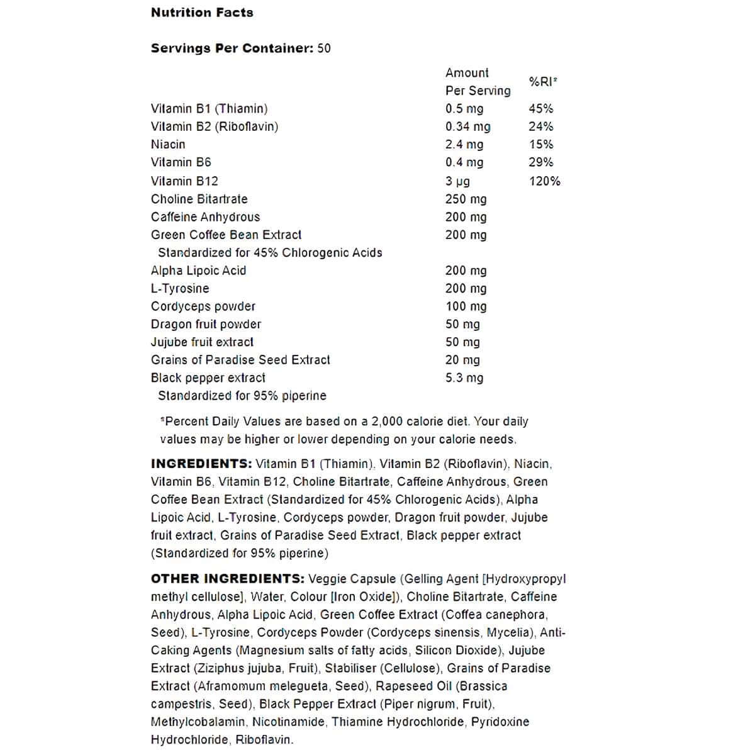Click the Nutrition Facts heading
pos(202,12)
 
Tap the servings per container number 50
pos(324,48)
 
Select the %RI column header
pos(543,81)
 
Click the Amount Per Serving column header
pos(478,82)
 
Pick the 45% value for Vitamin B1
pos(540,109)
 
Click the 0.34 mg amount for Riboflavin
pos(467,126)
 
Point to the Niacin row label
pos(168,144)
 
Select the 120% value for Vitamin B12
pos(544,181)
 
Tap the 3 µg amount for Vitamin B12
pos(457,181)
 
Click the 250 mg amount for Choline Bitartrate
pos(466,199)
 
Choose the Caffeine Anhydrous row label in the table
pos(205,217)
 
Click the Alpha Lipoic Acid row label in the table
pos(198,271)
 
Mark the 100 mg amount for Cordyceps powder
pos(466,306)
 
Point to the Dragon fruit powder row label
pos(206,324)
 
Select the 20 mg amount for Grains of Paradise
pos(462,360)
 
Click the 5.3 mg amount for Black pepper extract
pos(464,377)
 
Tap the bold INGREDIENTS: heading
pos(201,464)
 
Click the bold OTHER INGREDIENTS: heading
pos(228,579)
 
